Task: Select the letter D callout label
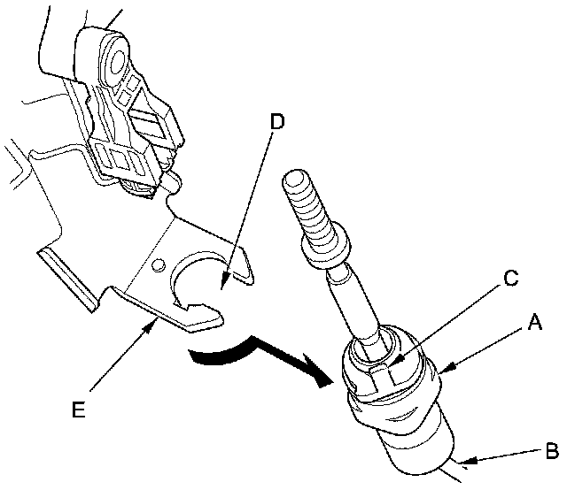click(277, 121)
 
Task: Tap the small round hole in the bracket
click(158, 264)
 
